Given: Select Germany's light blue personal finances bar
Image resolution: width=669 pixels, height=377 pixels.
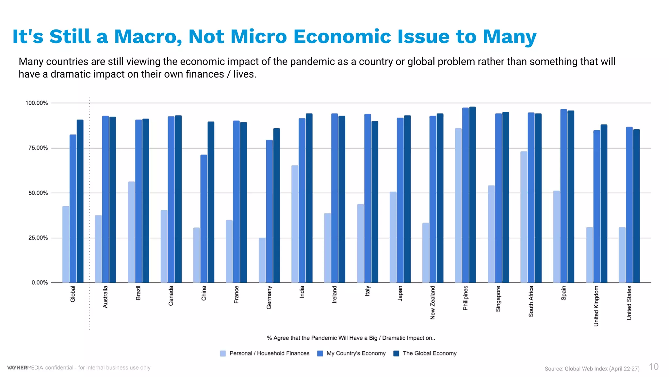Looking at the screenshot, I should tap(262, 260).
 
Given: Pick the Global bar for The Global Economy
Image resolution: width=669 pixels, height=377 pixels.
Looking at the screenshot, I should tap(80, 201).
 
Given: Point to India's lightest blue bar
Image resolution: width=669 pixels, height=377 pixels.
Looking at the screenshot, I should tap(295, 224).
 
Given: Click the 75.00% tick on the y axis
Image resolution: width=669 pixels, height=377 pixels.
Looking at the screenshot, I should tap(38, 148).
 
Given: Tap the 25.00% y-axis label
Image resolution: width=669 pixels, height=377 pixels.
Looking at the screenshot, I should tap(38, 238).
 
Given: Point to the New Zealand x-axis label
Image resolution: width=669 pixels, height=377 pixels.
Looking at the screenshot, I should tap(433, 302).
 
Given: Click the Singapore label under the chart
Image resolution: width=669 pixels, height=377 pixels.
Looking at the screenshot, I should tap(498, 298).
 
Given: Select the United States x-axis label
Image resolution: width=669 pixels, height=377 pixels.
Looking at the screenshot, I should tap(629, 303).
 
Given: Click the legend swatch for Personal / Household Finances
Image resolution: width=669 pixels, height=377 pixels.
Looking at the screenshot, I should tap(223, 353).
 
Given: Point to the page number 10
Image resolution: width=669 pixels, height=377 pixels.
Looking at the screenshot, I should tap(654, 367).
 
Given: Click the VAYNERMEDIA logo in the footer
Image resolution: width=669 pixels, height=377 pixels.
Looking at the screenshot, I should tap(25, 368).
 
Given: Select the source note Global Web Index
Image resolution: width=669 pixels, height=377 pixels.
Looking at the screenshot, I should tap(592, 368).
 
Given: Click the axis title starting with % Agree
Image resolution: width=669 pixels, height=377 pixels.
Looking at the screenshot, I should tap(351, 338).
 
